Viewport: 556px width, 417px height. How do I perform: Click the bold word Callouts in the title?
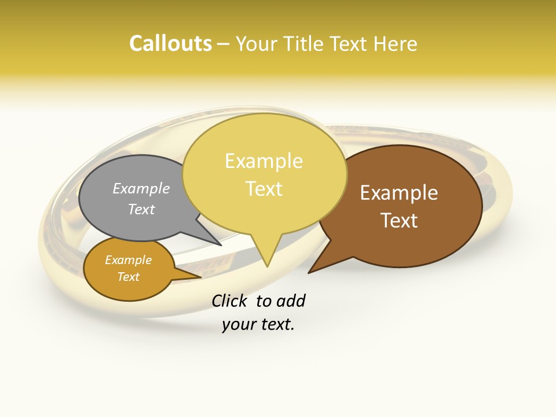170,43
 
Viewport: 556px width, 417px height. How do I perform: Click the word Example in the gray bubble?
141,188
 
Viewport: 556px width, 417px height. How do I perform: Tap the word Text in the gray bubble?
141,209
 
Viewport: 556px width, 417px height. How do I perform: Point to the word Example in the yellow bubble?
264,161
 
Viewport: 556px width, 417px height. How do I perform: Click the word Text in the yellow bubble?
264,188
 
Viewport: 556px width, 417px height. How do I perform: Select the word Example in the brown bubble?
399,193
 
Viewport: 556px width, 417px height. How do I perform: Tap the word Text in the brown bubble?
399,220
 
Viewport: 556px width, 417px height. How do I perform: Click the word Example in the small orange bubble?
128,260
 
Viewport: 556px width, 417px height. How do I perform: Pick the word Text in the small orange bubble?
128,277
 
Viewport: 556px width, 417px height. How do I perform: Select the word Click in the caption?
231,301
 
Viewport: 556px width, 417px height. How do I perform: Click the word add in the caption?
291,301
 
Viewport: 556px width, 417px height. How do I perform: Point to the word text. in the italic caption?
277,324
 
